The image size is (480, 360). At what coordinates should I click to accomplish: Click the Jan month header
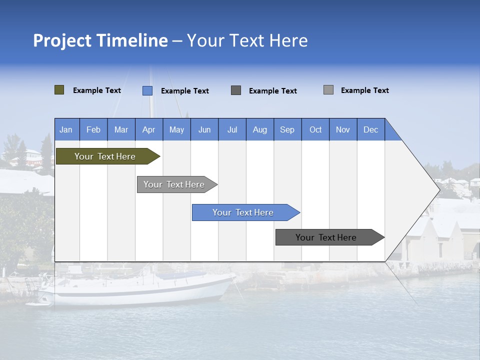pyautogui.click(x=66, y=129)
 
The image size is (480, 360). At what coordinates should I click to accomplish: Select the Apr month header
pyautogui.click(x=149, y=129)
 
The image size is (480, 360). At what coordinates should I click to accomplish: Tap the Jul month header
pyautogui.click(x=232, y=129)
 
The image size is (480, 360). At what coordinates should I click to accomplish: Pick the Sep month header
pyautogui.click(x=287, y=129)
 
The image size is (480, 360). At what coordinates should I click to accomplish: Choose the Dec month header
pyautogui.click(x=370, y=129)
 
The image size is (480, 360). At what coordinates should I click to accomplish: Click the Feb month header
pyautogui.click(x=93, y=129)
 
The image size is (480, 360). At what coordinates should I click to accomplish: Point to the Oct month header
pyautogui.click(x=315, y=129)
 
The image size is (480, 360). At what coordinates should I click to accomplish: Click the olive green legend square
pyautogui.click(x=59, y=90)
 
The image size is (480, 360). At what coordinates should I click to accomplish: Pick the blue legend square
pyautogui.click(x=147, y=90)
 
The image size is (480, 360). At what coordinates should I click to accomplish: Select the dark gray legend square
pyautogui.click(x=236, y=90)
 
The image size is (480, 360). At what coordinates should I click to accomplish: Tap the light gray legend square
pyautogui.click(x=328, y=90)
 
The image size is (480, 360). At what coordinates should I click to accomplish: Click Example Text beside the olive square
pyautogui.click(x=97, y=90)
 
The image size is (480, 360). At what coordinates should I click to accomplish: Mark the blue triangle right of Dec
pyautogui.click(x=391, y=133)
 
